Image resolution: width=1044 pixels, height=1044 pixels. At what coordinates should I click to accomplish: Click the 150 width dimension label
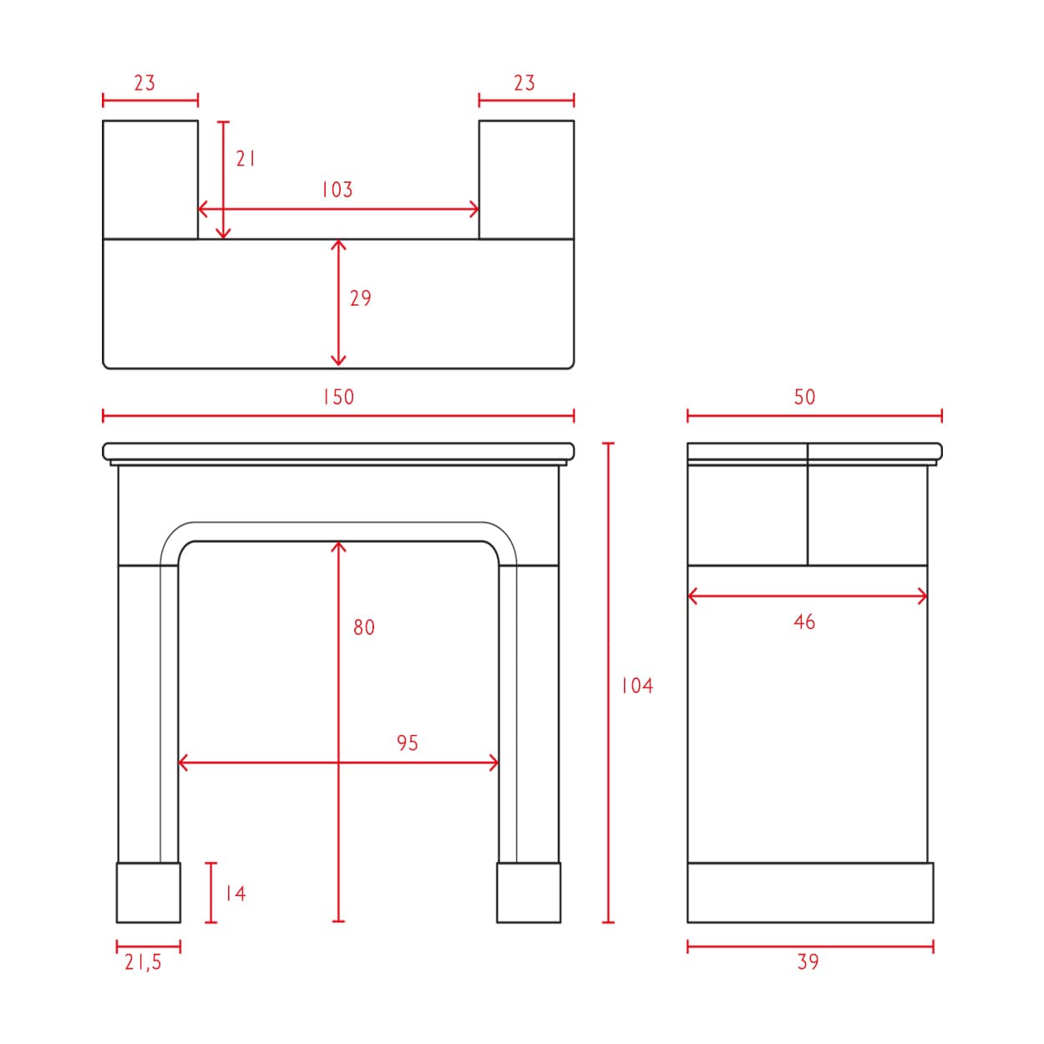click(x=338, y=397)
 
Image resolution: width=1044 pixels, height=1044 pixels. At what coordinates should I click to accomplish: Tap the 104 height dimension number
click(x=637, y=686)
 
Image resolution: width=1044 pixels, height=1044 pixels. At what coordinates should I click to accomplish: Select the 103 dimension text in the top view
click(x=337, y=190)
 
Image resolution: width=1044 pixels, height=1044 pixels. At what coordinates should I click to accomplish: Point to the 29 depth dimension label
click(x=361, y=298)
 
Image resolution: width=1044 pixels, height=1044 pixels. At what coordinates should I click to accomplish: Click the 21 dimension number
click(x=245, y=159)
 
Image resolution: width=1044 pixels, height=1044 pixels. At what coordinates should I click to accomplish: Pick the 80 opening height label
click(x=364, y=627)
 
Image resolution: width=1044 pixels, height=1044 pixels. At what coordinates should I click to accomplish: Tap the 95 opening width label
click(x=408, y=742)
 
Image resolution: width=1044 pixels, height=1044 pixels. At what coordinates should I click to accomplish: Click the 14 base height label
click(x=236, y=894)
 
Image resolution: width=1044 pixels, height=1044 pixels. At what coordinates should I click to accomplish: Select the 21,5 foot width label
click(x=143, y=962)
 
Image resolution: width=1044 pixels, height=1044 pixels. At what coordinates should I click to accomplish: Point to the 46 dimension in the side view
click(x=804, y=622)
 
